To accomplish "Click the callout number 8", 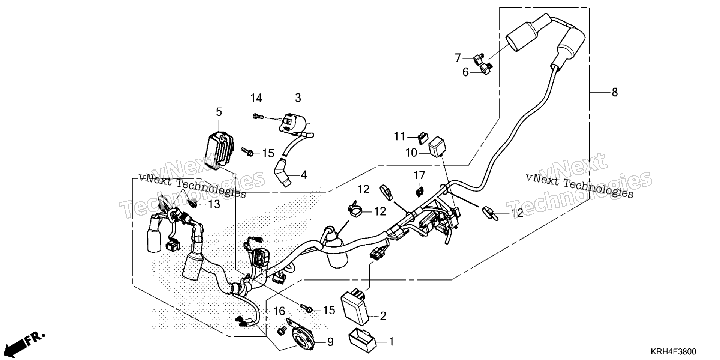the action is click(x=614, y=92).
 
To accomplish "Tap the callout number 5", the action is click(x=219, y=112).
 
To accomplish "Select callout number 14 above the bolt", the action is click(x=256, y=98).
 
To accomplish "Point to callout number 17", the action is click(x=419, y=175).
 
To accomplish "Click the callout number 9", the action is click(x=330, y=342).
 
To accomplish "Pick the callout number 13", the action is click(x=214, y=204).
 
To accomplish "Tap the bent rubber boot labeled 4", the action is click(x=283, y=173).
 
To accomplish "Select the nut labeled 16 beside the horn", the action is click(x=280, y=331).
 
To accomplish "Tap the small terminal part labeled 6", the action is click(x=487, y=68).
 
